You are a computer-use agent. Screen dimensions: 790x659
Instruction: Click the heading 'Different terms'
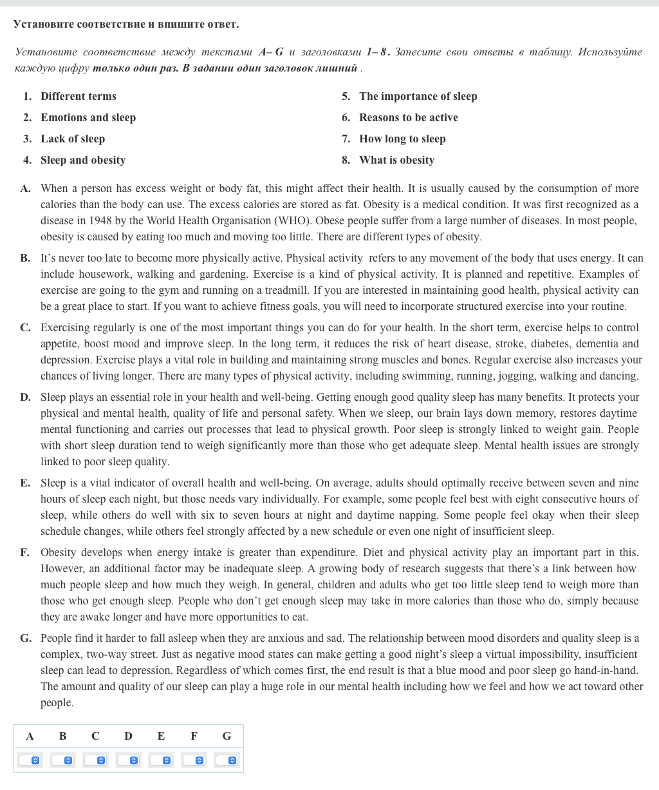pos(79,97)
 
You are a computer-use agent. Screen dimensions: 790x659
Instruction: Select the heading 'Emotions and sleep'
pos(88,118)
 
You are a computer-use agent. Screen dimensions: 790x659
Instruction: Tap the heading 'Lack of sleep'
pos(73,139)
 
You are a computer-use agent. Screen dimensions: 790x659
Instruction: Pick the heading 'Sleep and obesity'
pos(83,160)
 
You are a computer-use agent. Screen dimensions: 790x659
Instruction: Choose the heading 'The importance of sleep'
pos(418,97)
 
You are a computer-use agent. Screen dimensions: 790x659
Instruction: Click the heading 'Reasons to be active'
pos(409,118)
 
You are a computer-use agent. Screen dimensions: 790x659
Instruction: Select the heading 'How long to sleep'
pos(402,139)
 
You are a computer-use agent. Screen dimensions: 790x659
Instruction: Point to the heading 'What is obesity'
pos(396,160)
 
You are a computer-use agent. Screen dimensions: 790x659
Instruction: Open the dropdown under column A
pos(30,760)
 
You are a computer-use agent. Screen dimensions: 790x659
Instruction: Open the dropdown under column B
pos(62,760)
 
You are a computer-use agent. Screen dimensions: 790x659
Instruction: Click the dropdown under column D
pos(128,760)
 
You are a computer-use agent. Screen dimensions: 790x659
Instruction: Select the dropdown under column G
pos(227,760)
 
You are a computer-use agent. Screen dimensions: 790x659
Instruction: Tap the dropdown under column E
pos(161,760)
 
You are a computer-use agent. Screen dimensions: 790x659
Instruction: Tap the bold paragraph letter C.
pos(25,328)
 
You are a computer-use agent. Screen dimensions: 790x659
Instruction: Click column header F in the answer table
pos(194,736)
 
